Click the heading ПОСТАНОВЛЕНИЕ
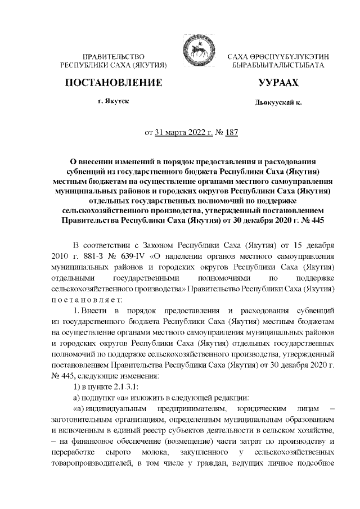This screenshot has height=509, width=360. [x=114, y=83]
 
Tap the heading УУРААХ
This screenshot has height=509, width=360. [x=278, y=83]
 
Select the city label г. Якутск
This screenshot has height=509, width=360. [x=113, y=103]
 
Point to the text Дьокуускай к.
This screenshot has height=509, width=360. [x=278, y=104]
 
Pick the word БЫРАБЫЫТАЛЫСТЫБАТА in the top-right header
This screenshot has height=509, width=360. [x=278, y=66]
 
